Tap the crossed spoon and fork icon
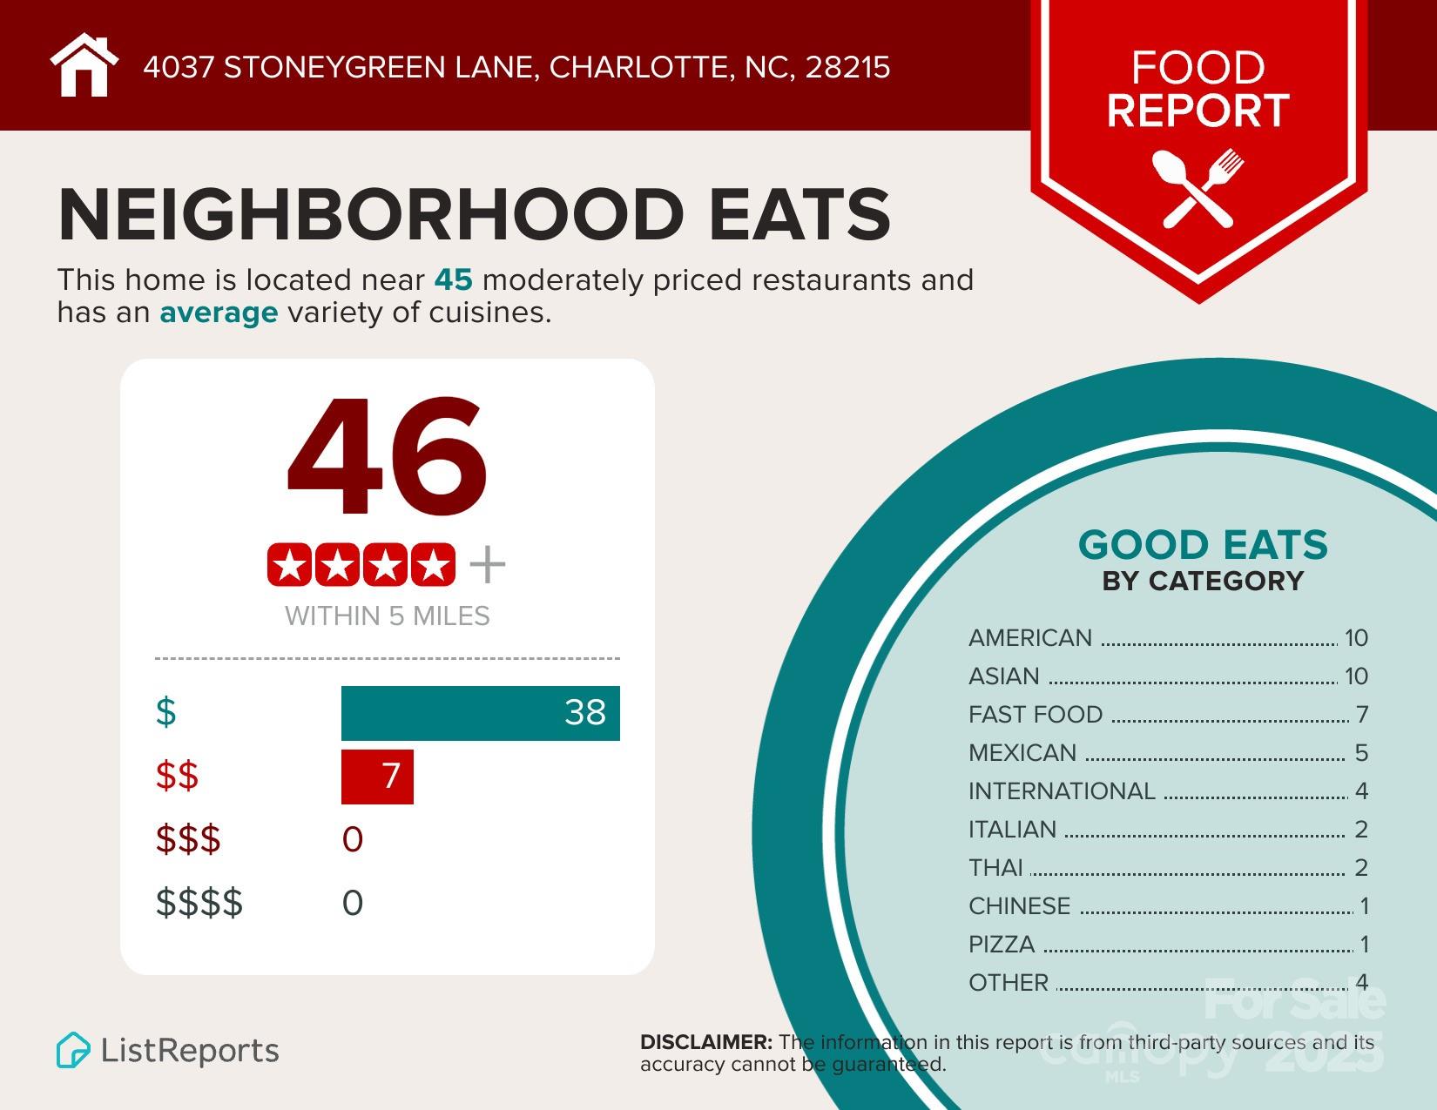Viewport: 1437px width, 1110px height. tap(1197, 188)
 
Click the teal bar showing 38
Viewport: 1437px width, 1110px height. tap(480, 713)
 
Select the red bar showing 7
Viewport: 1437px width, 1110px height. tap(377, 776)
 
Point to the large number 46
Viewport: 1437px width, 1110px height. tap(388, 458)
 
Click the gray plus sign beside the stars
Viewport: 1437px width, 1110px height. tap(488, 566)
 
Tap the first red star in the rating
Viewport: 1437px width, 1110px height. tap(290, 566)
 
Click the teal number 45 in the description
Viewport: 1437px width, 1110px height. tap(453, 280)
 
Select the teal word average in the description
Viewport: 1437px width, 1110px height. tap(219, 313)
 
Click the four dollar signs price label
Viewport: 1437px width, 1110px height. tap(199, 903)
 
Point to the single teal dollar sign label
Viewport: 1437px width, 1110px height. tap(166, 712)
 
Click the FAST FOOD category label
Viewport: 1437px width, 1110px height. tap(1036, 715)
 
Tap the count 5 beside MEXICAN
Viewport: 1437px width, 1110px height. tap(1361, 753)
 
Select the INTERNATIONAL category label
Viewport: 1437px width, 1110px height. tap(1062, 791)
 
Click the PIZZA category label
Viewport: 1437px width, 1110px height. tap(1002, 945)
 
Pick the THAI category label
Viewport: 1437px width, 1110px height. tap(995, 868)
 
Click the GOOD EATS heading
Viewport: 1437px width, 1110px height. tap(1203, 546)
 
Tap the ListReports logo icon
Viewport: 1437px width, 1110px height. tap(73, 1050)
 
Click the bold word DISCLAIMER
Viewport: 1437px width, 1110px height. tap(705, 1042)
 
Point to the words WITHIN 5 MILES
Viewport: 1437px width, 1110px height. tap(388, 616)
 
